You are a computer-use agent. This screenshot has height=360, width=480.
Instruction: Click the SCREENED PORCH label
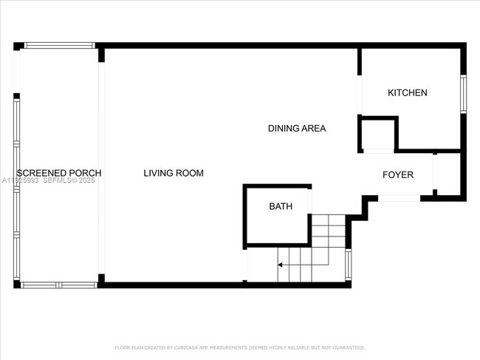tap(58, 173)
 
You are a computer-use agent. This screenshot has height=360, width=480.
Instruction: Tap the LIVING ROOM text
tap(173, 173)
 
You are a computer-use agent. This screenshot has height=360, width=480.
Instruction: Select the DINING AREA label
tap(296, 128)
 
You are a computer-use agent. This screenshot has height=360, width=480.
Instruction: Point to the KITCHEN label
tap(408, 92)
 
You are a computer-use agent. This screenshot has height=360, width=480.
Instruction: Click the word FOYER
tap(397, 174)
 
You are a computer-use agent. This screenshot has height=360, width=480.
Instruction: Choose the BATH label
tap(280, 206)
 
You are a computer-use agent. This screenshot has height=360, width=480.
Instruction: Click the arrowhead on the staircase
tap(280, 263)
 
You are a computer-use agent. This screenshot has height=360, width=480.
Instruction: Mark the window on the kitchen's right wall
tap(464, 93)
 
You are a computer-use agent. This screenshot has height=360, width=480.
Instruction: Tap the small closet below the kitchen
tap(378, 134)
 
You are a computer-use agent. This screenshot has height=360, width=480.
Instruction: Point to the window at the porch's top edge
tap(59, 45)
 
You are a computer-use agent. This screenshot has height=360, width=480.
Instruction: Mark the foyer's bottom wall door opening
tap(400, 198)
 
